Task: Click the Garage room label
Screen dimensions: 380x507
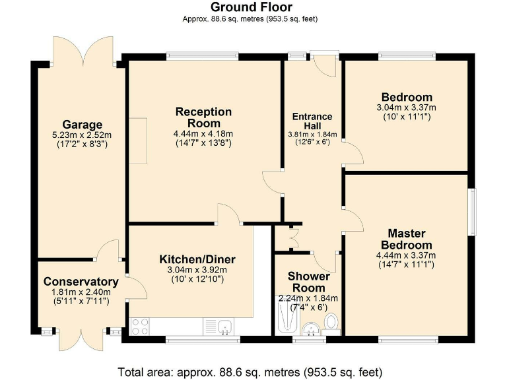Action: click(x=82, y=125)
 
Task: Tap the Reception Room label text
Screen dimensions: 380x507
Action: click(x=203, y=117)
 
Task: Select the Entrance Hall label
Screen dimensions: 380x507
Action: click(x=312, y=121)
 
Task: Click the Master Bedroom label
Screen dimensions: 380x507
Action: click(x=406, y=239)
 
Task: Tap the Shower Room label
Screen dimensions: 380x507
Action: click(x=308, y=282)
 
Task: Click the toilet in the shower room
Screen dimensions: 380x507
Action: click(x=331, y=323)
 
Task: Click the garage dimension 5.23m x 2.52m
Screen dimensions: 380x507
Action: click(x=82, y=135)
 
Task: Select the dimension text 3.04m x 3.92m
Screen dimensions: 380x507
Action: click(x=197, y=269)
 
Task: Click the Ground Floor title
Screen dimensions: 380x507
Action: click(x=250, y=7)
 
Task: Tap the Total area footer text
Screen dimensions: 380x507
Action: click(x=250, y=371)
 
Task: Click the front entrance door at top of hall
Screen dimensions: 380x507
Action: click(x=323, y=65)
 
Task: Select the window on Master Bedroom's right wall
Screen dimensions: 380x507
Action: click(x=472, y=211)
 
